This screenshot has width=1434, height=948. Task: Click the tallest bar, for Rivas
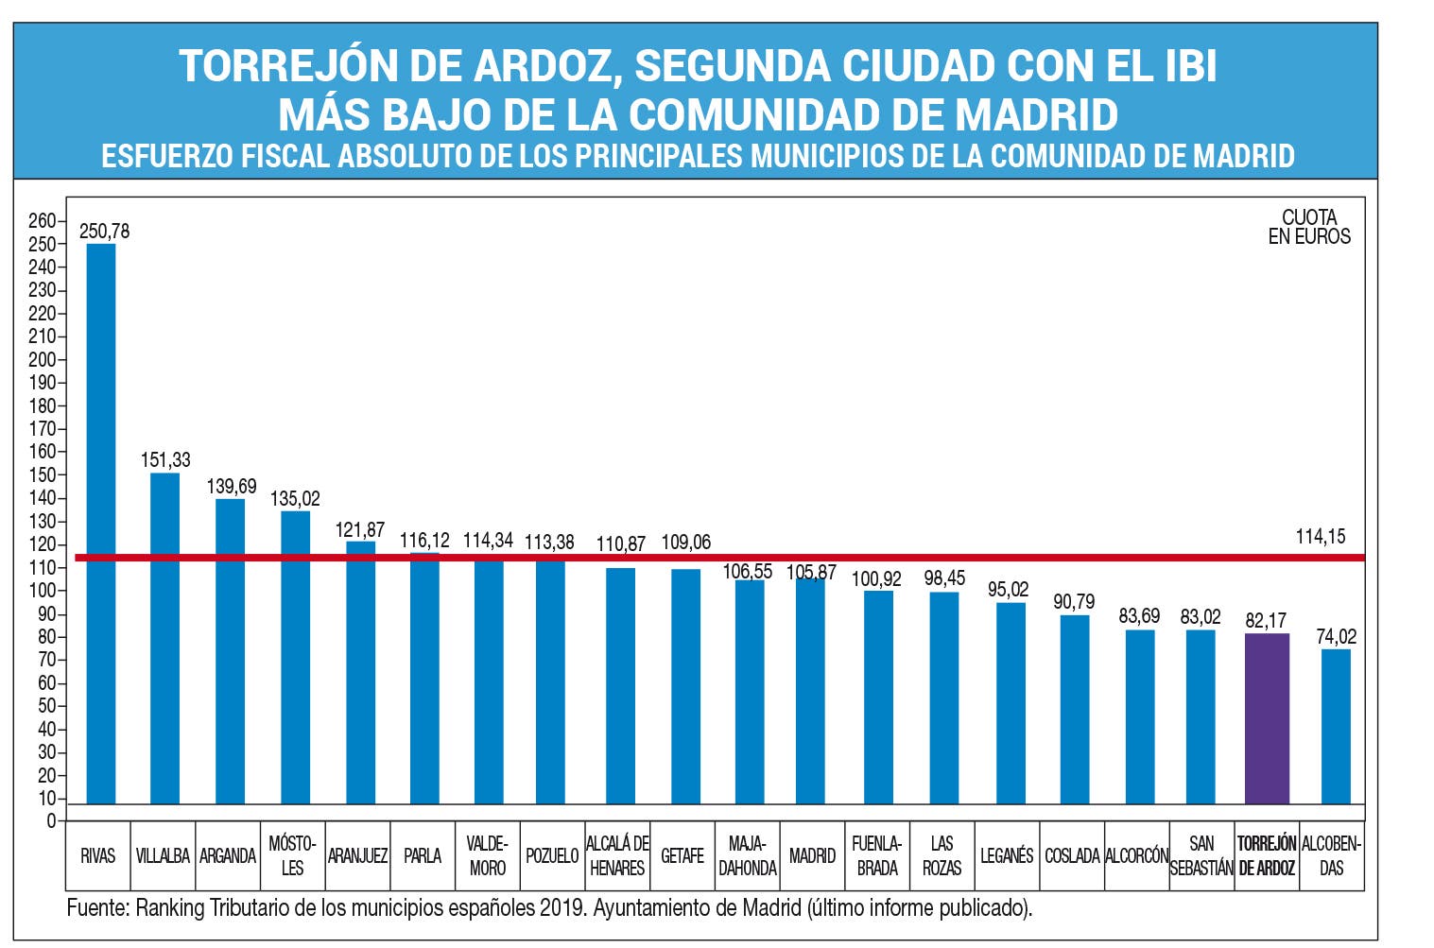pyautogui.click(x=101, y=524)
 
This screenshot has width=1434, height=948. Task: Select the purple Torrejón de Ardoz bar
pyautogui.click(x=1267, y=718)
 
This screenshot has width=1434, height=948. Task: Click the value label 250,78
pyautogui.click(x=104, y=232)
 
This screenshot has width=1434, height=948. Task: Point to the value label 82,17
pyautogui.click(x=1266, y=621)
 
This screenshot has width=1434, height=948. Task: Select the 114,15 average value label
pyautogui.click(x=1320, y=537)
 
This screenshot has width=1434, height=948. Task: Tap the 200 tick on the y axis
pyautogui.click(x=43, y=359)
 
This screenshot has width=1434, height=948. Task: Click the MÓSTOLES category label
pyautogui.click(x=292, y=855)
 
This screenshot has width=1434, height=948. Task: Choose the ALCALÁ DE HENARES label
pyautogui.click(x=617, y=855)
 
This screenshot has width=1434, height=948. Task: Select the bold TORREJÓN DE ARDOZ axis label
pyautogui.click(x=1267, y=855)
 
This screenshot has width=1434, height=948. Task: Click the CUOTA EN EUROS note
pyautogui.click(x=1309, y=227)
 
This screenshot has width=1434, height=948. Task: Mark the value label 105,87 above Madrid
pyautogui.click(x=811, y=573)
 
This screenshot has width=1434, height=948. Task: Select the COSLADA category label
pyautogui.click(x=1072, y=855)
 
